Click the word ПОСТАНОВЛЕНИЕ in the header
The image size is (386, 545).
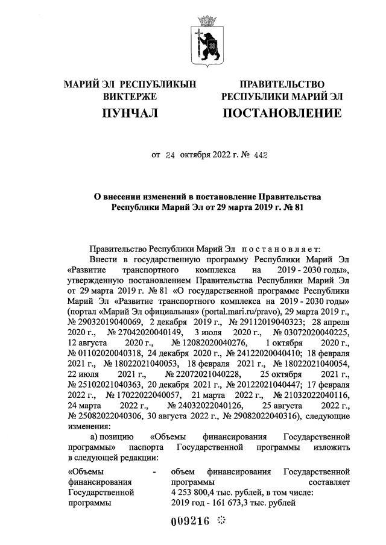282,113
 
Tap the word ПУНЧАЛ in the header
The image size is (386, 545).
130,113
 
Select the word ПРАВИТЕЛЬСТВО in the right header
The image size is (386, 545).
282,84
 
